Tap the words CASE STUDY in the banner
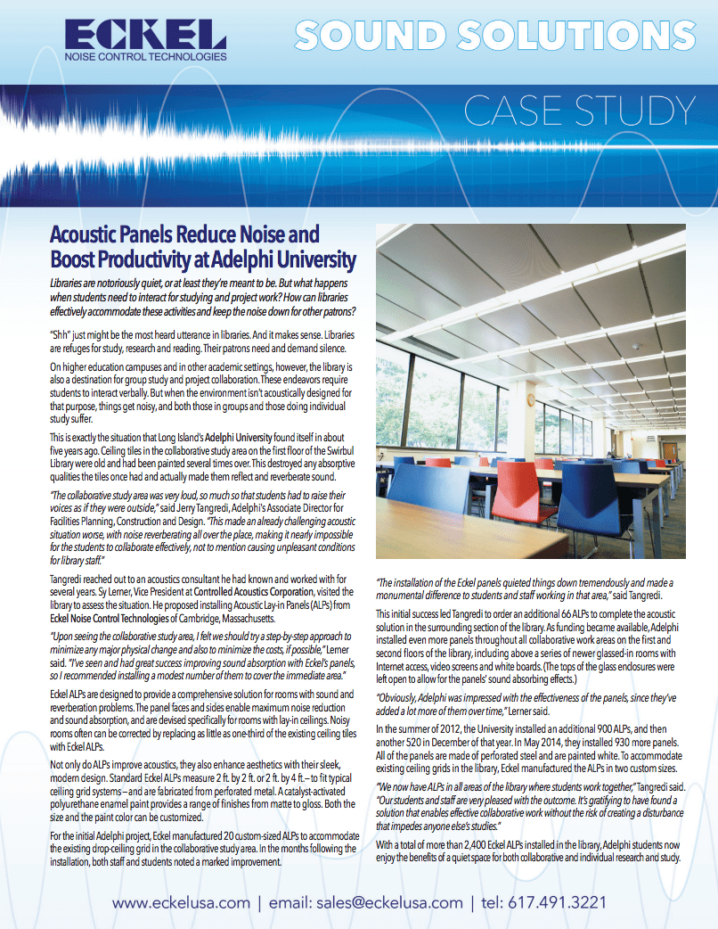[578, 111]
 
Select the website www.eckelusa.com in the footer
[181, 902]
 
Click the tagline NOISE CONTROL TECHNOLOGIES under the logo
[146, 56]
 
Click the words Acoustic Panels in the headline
[111, 236]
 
